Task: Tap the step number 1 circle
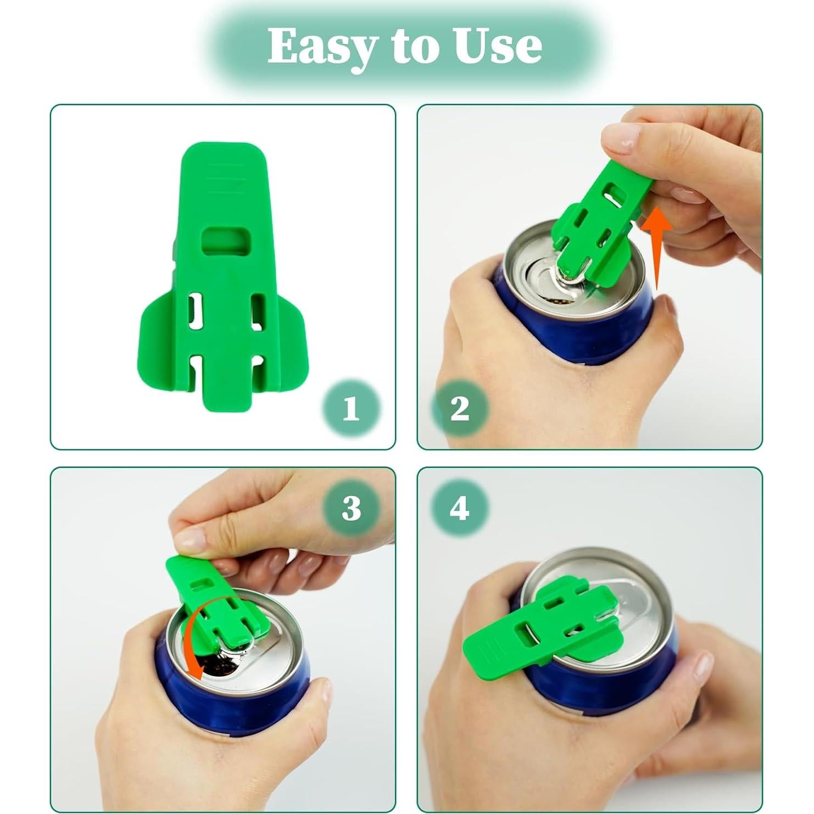click(350, 408)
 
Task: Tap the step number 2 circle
click(459, 408)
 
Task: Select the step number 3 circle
click(352, 508)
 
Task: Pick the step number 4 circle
click(459, 508)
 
